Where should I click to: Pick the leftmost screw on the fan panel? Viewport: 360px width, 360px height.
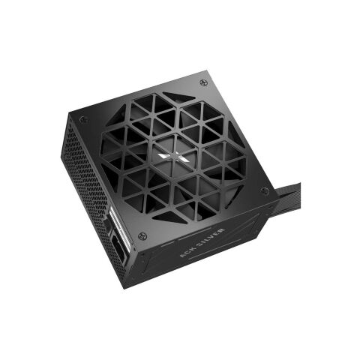(82, 120)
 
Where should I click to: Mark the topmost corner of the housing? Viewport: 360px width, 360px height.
(202, 72)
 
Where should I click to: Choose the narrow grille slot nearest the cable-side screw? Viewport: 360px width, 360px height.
(247, 196)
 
